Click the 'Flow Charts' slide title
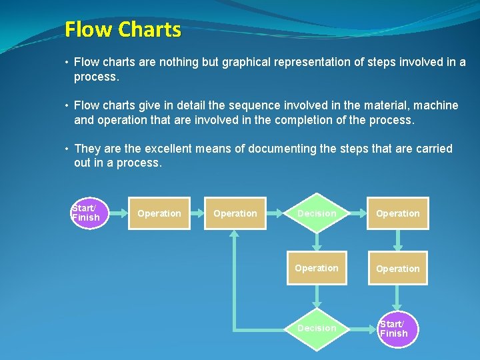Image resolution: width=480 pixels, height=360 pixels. click(x=123, y=29)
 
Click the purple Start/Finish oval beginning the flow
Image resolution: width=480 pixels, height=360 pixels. click(x=86, y=213)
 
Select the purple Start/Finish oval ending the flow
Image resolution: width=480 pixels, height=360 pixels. click(x=398, y=328)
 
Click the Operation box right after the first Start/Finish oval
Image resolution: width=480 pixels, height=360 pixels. click(x=159, y=213)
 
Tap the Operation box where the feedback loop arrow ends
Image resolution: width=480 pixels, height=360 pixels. click(x=235, y=213)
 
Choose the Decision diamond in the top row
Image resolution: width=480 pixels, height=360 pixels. click(x=317, y=213)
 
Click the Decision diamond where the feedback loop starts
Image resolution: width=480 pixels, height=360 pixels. click(x=317, y=328)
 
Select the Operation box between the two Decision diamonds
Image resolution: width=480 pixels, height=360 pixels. click(x=317, y=268)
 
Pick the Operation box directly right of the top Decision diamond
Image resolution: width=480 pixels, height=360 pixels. click(x=398, y=213)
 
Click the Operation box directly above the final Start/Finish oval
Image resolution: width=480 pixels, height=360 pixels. click(x=398, y=268)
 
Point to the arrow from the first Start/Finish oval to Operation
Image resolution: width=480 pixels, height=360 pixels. click(x=115, y=213)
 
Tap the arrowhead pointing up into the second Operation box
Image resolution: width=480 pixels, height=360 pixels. click(x=235, y=235)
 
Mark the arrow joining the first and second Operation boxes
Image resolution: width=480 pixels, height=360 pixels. click(x=197, y=213)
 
